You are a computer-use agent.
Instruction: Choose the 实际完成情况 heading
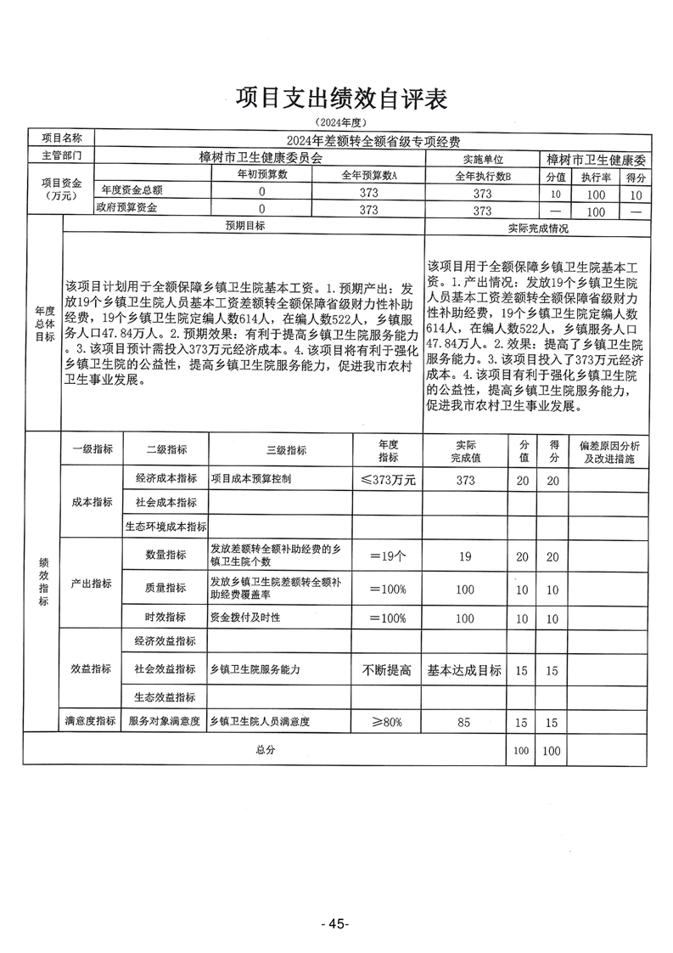coord(537,228)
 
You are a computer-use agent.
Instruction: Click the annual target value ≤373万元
coord(388,480)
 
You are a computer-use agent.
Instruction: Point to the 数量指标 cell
coord(165,555)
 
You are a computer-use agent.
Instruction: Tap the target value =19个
coord(388,556)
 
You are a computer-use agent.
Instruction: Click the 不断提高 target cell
coord(388,670)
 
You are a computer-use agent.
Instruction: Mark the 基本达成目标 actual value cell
coord(464,670)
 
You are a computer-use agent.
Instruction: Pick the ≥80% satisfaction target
coord(388,722)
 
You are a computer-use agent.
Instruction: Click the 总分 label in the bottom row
coord(265,750)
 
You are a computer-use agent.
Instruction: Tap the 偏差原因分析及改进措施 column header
coord(609,451)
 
